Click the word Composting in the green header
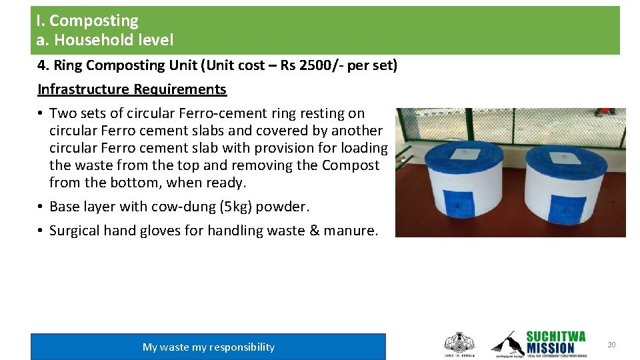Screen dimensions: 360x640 pos(94,21)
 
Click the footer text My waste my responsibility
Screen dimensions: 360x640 pos(208,347)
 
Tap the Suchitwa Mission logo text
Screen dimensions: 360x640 pos(555,342)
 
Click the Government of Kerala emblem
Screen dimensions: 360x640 pos(459,343)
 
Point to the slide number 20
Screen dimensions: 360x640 pos(611,345)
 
